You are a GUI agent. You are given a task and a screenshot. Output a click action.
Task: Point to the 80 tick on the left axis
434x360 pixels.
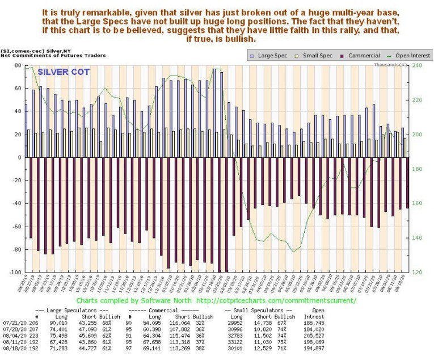pyautogui.click(x=19, y=66)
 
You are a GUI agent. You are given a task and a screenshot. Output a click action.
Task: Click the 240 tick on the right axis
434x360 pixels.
pyautogui.click(x=417, y=66)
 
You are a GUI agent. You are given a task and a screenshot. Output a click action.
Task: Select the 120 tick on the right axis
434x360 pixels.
pyautogui.click(x=417, y=273)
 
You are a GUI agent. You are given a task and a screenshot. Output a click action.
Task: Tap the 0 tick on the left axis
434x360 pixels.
pyautogui.click(x=20, y=157)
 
